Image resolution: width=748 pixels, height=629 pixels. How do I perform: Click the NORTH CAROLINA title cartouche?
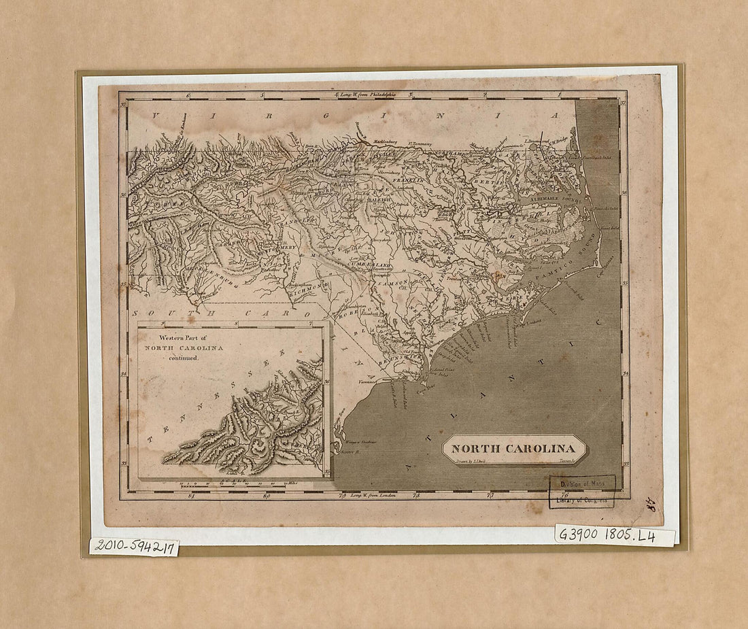coord(514,448)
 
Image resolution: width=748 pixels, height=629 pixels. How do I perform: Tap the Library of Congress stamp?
coord(582,492)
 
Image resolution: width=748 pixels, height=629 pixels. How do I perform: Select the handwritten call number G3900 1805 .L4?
coord(614,535)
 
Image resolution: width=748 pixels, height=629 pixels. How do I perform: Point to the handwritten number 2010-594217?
coord(133,546)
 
